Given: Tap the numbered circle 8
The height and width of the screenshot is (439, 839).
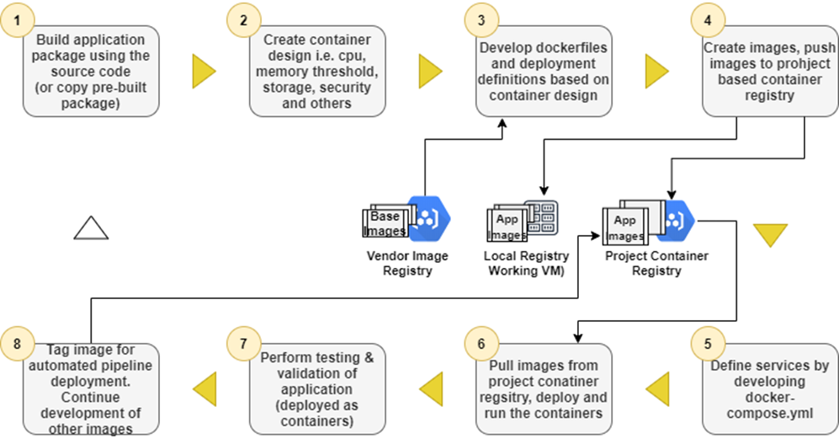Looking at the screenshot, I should pos(18,345).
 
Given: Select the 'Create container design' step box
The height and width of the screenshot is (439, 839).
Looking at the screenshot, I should pos(319,72).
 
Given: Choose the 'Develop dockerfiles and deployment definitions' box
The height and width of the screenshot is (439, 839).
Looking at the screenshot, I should pos(543,72).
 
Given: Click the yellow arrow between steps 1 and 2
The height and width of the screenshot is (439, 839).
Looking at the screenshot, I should pos(204,72).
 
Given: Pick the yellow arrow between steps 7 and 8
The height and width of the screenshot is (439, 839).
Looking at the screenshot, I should pos(204,388).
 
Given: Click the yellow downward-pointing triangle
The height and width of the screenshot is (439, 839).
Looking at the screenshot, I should pos(769,234).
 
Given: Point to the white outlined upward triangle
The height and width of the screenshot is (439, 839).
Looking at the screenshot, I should pos(92,228).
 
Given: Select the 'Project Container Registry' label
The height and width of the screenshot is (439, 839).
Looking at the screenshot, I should pos(656,263).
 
